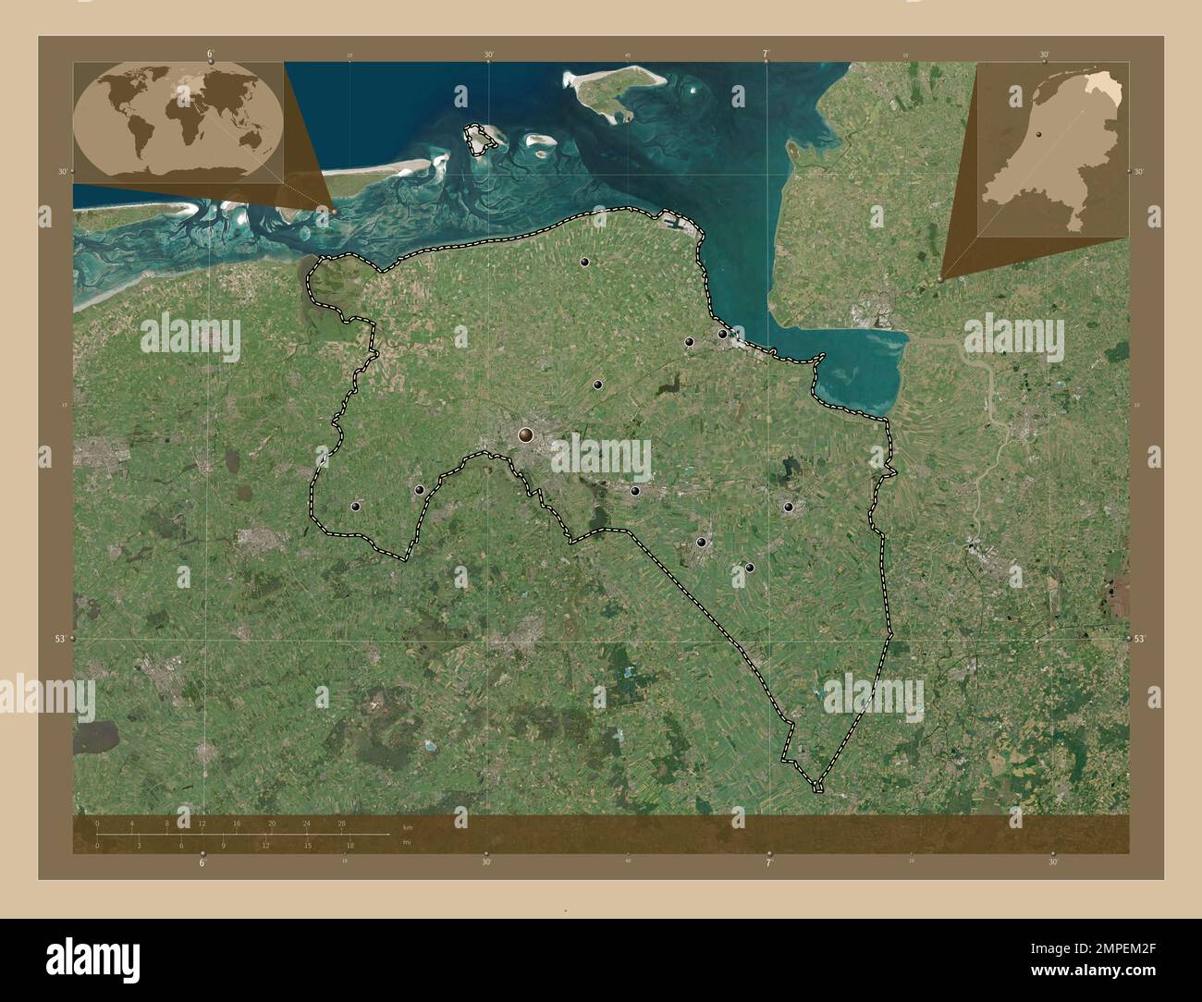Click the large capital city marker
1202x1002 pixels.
[526, 434]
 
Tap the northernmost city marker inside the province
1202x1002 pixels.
[584, 262]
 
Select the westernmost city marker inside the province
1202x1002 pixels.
[356, 507]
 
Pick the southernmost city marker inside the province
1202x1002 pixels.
[750, 568]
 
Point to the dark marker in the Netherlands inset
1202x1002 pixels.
[1039, 134]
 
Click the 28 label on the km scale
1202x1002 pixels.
[342, 823]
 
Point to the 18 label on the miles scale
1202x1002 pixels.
[350, 845]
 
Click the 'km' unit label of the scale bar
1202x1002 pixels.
[407, 827]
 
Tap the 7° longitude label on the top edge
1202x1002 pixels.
[767, 55]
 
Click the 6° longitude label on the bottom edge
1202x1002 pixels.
[202, 862]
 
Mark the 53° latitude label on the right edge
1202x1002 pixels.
[1139, 639]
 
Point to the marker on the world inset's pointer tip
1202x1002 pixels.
[334, 211]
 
